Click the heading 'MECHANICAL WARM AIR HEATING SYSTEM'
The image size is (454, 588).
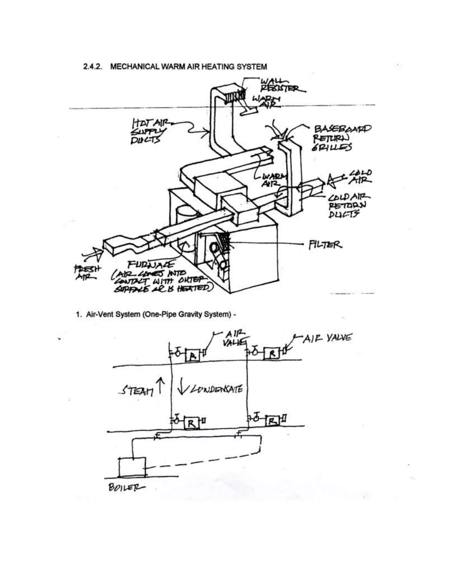click(188, 67)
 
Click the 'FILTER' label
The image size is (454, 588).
click(325, 245)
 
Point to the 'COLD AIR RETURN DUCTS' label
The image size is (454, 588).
click(347, 206)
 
